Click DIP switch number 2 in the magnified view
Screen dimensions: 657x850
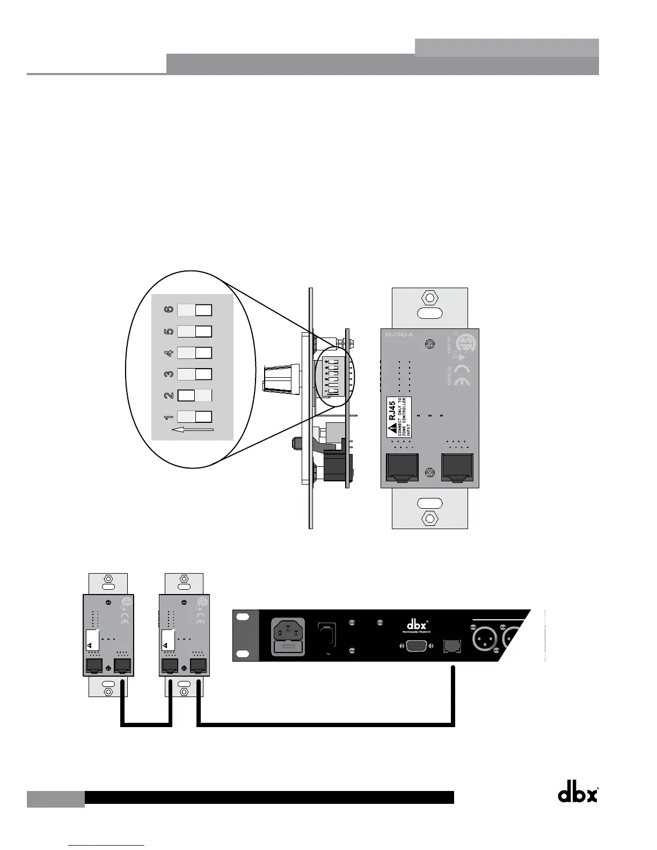coord(194,396)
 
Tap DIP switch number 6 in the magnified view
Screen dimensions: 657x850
coord(194,310)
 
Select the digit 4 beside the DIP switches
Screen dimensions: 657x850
coord(169,353)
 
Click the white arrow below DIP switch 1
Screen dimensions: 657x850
coord(192,430)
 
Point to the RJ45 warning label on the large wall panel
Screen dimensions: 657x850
coord(399,417)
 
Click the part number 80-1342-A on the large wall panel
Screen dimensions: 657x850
coord(399,335)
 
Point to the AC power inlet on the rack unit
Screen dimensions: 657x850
coord(289,637)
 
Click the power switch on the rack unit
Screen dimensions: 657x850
coord(327,636)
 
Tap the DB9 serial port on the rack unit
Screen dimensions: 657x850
coord(417,646)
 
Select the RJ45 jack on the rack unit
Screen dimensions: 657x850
coord(452,647)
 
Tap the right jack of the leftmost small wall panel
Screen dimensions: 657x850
coord(123,666)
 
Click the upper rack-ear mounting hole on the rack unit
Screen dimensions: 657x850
coord(244,618)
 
